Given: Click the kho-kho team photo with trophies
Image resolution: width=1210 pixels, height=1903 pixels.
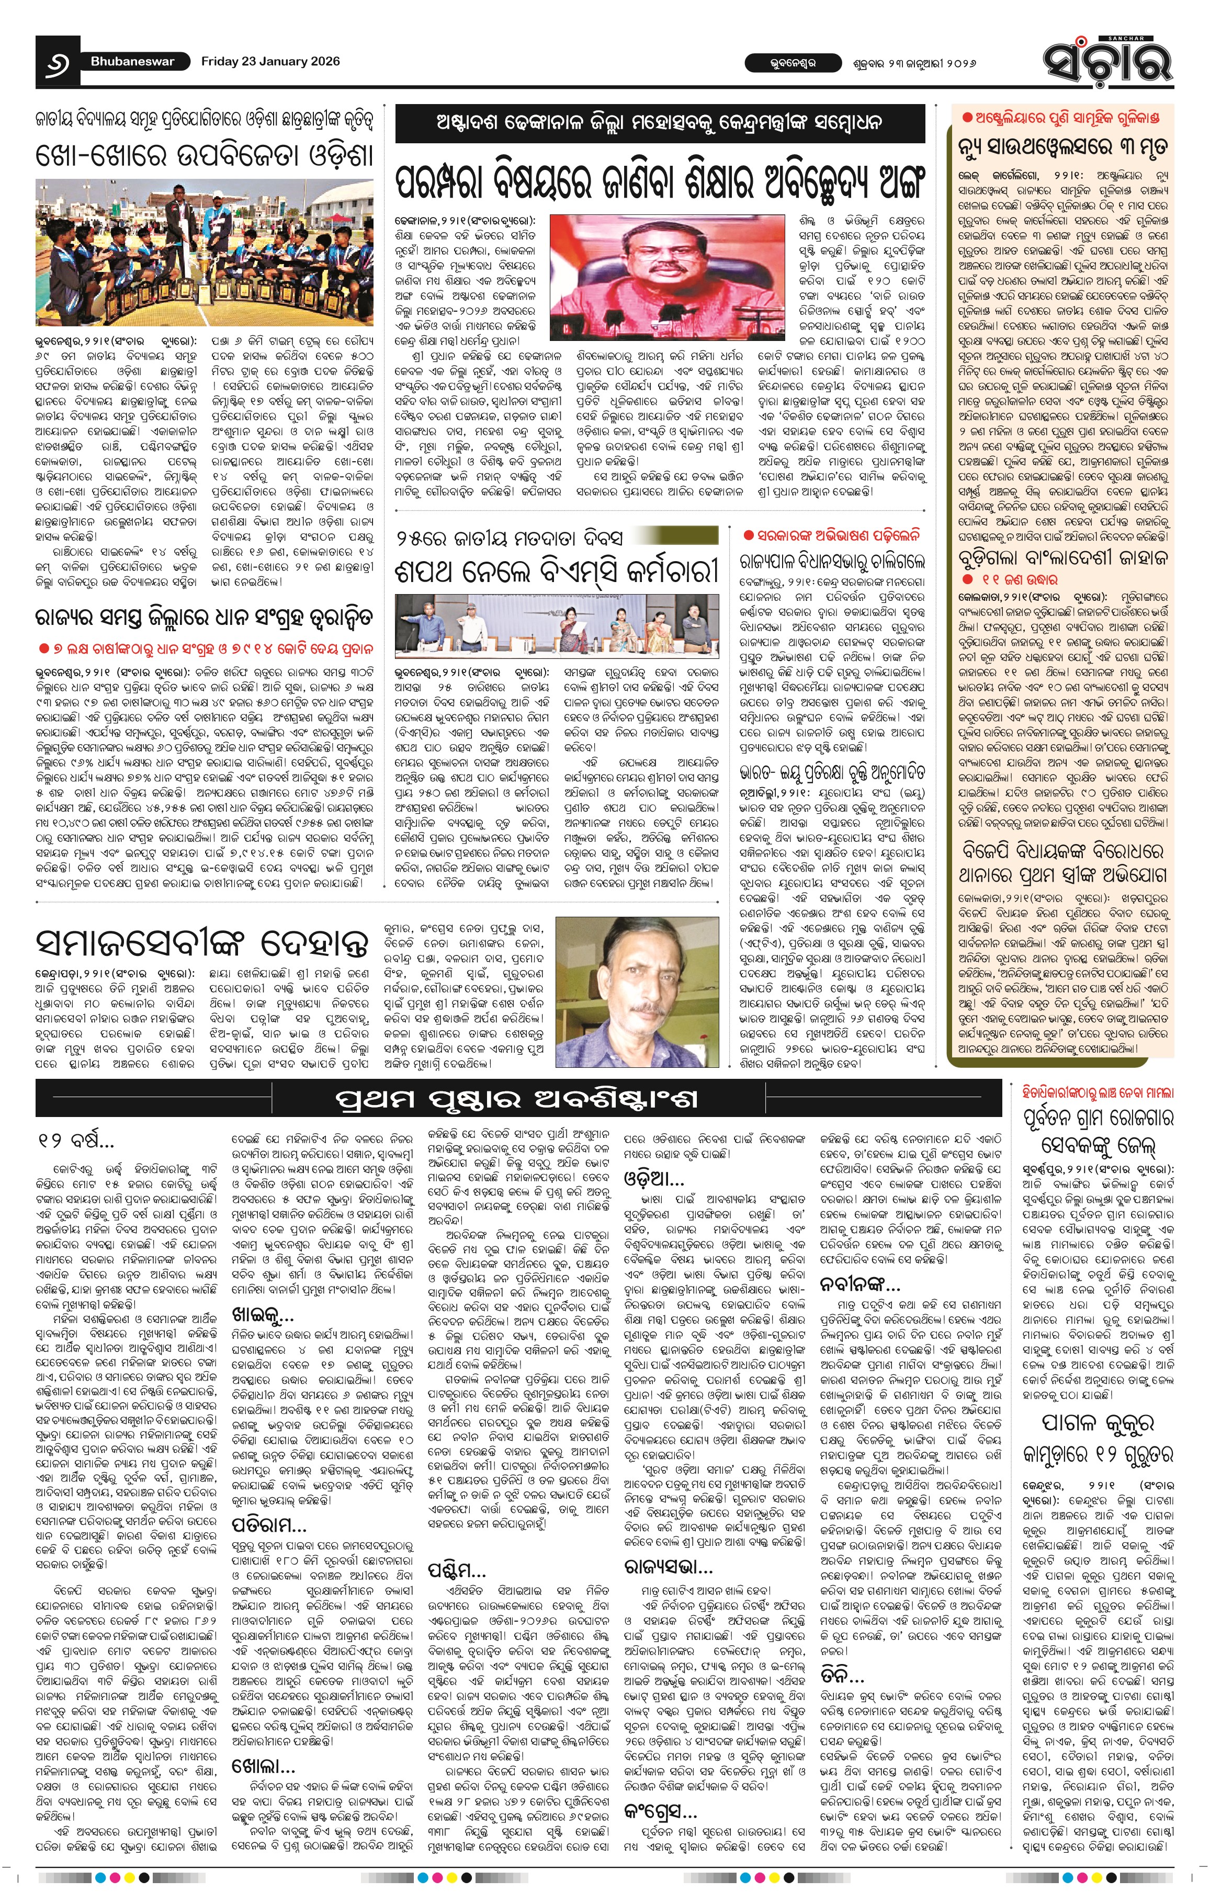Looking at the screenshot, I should point(204,252).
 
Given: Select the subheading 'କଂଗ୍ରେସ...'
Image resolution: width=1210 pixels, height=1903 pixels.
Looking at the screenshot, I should point(661,1788).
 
